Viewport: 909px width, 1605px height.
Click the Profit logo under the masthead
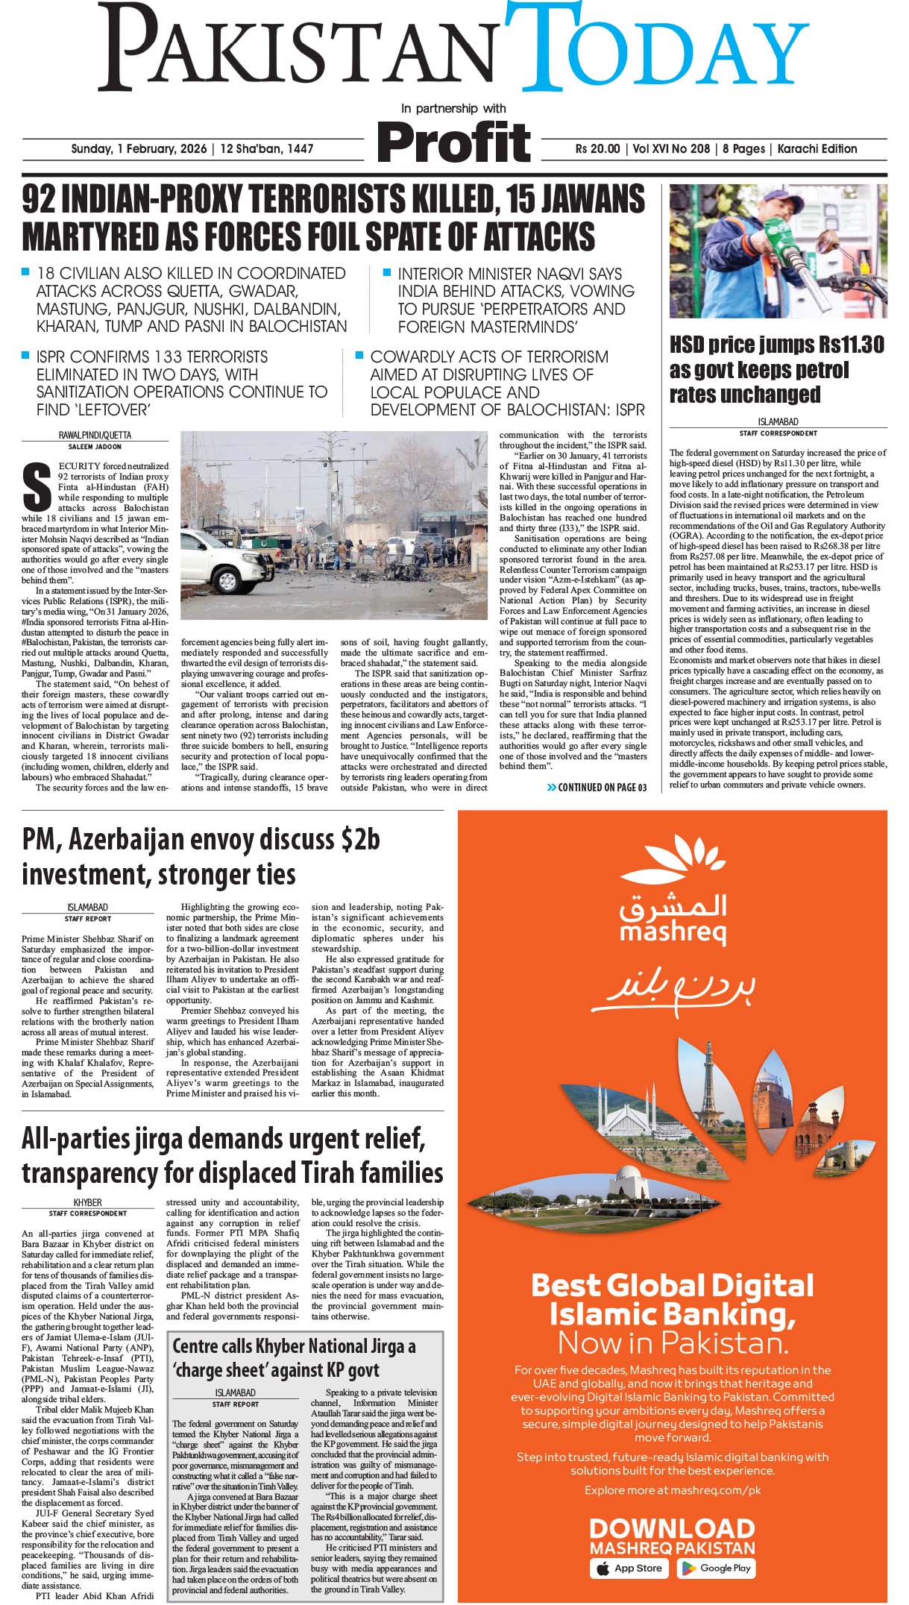coord(453,142)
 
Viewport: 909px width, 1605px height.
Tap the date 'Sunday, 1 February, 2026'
coord(139,149)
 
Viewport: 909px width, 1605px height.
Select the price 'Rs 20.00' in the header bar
coord(597,149)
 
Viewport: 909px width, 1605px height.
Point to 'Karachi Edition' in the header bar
coord(817,149)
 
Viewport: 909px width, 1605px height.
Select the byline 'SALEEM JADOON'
coord(95,447)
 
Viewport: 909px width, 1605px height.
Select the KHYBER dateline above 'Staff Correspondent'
coord(87,1203)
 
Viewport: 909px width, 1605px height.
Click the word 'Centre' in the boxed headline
coord(195,1347)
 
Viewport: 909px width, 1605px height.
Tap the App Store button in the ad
coord(630,1568)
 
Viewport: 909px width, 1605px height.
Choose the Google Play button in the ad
coord(716,1568)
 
